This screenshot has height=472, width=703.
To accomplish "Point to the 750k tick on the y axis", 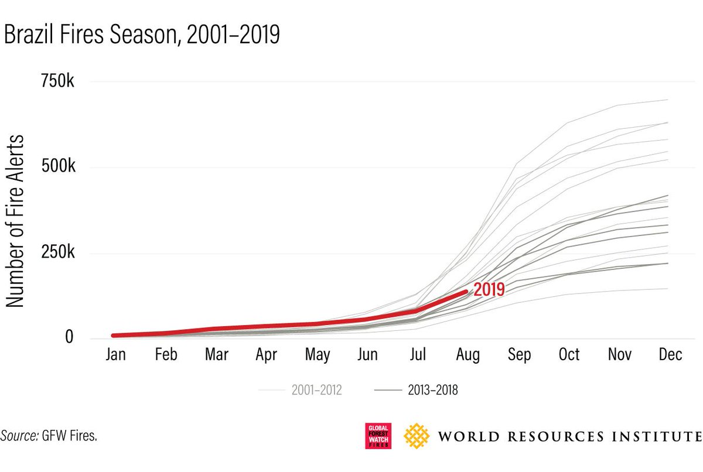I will click(57, 82).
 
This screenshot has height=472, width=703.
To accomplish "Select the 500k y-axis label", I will click(57, 168).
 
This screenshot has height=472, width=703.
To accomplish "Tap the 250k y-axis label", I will click(57, 254).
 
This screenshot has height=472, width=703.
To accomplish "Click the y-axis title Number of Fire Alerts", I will click(15, 221).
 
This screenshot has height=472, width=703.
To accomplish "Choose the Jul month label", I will click(418, 354).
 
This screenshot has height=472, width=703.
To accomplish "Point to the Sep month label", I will click(519, 354).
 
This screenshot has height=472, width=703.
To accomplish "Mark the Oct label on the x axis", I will click(568, 354).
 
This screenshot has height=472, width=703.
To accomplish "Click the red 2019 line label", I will click(489, 289).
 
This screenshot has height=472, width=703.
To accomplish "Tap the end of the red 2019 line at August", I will click(465, 292).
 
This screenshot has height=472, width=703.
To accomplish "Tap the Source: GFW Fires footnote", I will click(49, 435).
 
